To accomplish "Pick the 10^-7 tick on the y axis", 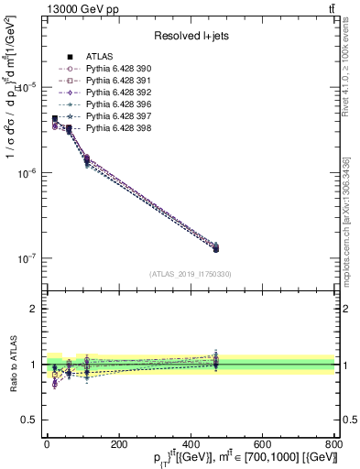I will [26, 259].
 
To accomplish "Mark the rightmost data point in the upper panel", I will [215, 247].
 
